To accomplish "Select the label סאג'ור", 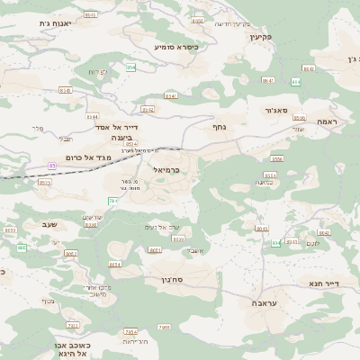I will point(277,111).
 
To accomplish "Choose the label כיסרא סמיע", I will point(175,46).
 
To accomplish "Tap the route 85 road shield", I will point(51,166).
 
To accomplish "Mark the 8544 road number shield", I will point(92,117).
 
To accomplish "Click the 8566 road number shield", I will point(277,158).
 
